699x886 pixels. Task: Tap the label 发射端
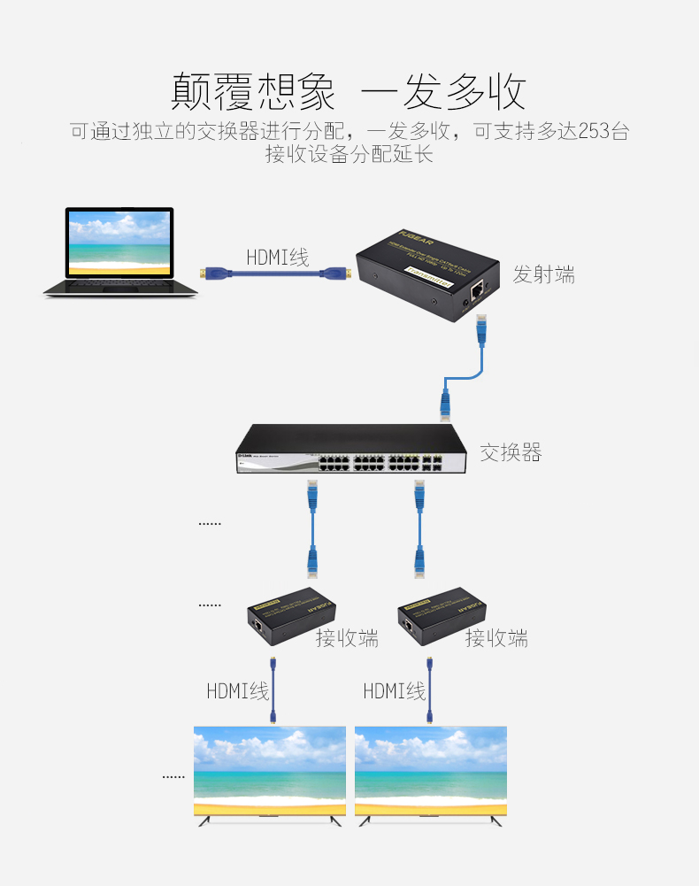544,274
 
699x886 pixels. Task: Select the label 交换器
511,452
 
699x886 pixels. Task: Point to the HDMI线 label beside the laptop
278,258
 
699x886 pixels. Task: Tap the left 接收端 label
348,637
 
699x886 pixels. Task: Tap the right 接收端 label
497,637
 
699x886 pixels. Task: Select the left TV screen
270,771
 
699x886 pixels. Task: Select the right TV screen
431,771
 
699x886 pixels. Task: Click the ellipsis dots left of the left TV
173,776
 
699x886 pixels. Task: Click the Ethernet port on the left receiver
257,626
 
